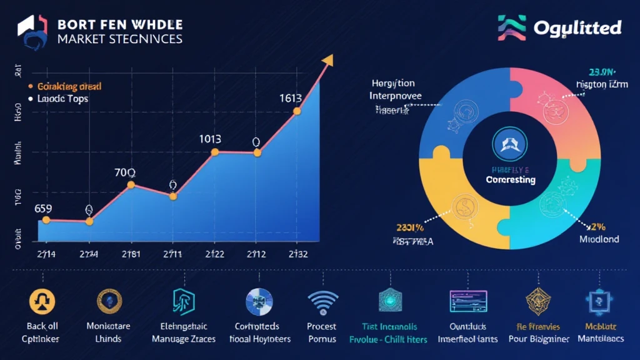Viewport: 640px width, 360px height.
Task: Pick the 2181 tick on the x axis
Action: point(131,254)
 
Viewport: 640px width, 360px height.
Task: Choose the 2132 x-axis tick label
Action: point(297,254)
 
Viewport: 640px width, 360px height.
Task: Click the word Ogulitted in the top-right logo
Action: point(577,27)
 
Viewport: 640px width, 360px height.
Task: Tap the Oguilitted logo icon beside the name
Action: point(511,27)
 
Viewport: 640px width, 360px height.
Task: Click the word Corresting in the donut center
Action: point(511,179)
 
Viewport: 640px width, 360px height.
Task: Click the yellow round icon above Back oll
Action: point(42,301)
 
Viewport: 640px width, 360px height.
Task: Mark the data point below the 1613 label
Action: point(297,111)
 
